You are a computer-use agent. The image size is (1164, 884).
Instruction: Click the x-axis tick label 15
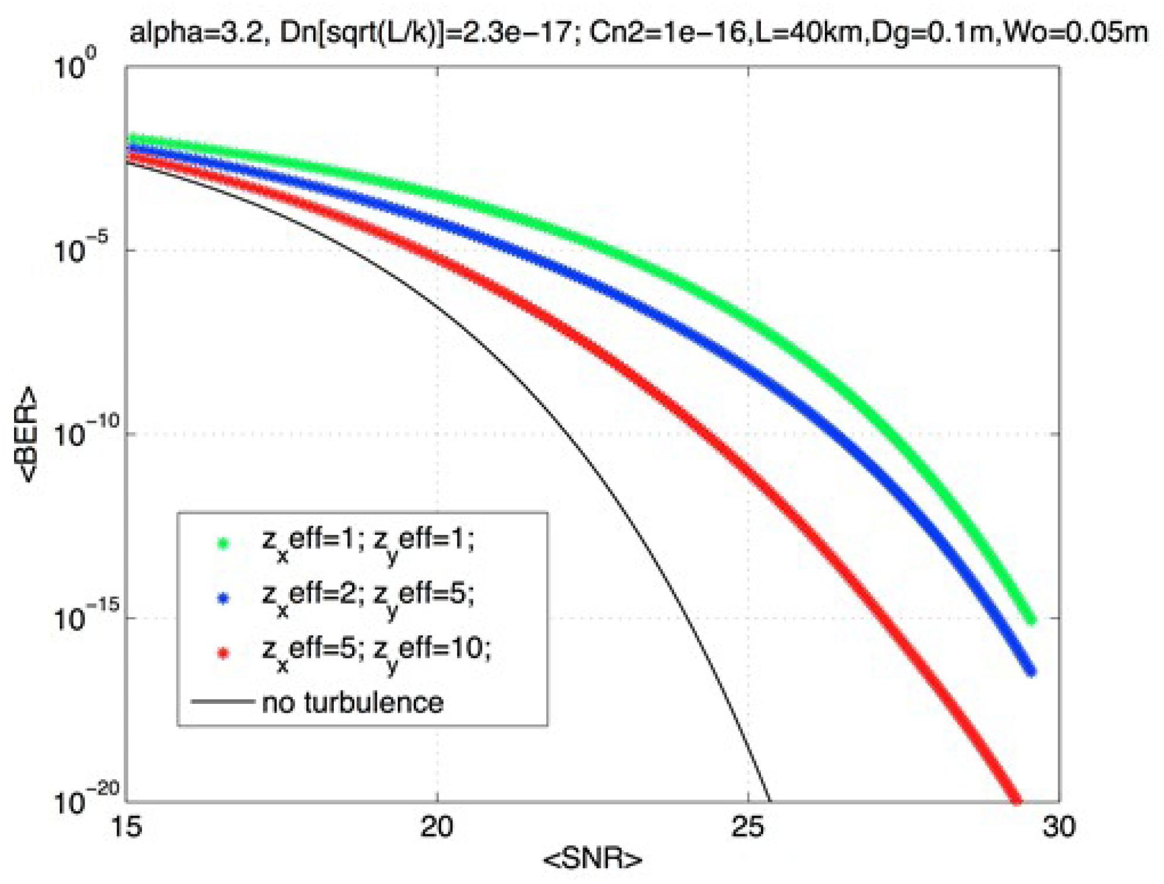click(127, 828)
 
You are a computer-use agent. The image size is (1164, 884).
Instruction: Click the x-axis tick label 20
click(437, 828)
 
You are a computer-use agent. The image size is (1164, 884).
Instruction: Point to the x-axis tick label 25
click(748, 828)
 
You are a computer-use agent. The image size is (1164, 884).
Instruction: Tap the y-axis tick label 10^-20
click(86, 800)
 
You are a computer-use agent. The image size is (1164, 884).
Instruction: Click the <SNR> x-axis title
click(593, 860)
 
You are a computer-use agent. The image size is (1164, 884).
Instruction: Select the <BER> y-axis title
click(27, 435)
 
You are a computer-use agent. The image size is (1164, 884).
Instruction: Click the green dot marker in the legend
click(223, 543)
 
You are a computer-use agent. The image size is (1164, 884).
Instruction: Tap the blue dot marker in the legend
click(223, 598)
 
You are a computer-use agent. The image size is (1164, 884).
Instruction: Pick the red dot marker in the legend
click(223, 653)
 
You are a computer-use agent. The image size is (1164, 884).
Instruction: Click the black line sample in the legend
click(223, 702)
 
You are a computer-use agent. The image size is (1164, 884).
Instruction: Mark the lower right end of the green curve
click(1032, 621)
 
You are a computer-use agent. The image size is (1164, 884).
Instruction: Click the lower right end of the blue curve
click(1032, 672)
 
